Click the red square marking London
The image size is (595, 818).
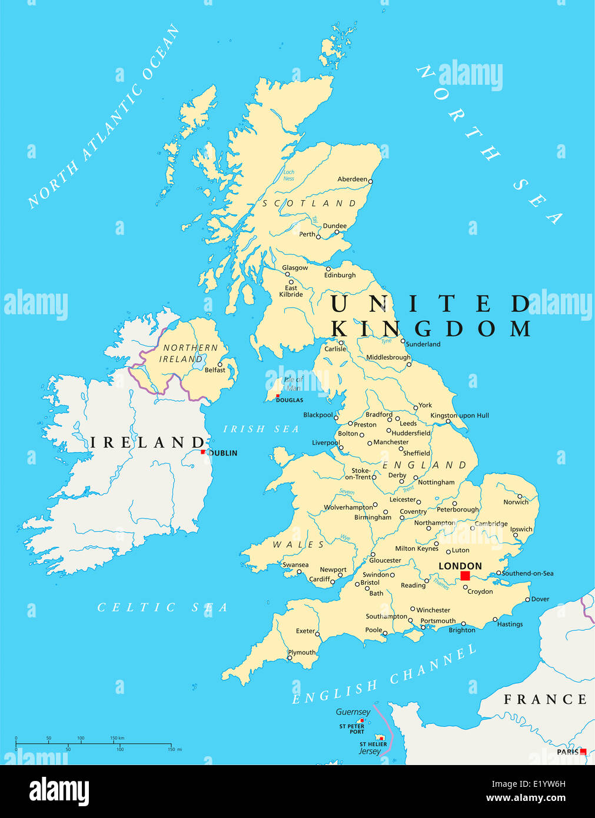(x=465, y=576)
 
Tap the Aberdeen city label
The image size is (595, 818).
(x=352, y=179)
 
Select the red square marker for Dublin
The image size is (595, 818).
(x=203, y=452)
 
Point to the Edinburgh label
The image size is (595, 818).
(x=340, y=275)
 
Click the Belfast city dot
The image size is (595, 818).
(x=220, y=364)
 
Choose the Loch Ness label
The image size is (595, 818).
(x=288, y=175)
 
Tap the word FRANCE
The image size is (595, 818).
(x=545, y=699)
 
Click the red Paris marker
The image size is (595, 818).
(x=583, y=752)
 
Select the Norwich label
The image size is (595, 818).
(x=516, y=502)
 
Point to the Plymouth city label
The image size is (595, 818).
(x=301, y=652)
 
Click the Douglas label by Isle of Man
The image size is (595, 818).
(x=290, y=400)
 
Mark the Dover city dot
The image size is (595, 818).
(x=527, y=600)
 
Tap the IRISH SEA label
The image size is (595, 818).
(x=261, y=429)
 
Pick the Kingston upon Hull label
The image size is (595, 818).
(x=459, y=415)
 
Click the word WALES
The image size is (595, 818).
(x=298, y=545)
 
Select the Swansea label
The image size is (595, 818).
(x=295, y=565)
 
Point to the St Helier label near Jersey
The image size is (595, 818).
(x=373, y=744)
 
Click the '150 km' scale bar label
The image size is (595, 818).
(x=117, y=737)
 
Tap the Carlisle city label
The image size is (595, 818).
(x=335, y=349)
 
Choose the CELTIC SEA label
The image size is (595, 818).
(x=162, y=607)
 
